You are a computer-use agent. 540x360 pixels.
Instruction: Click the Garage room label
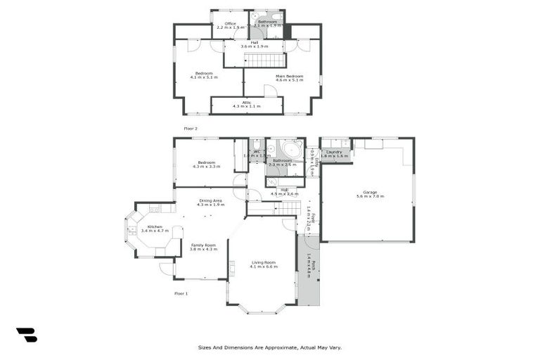pos(370,192)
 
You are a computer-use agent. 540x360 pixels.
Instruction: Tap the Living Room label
pos(264,262)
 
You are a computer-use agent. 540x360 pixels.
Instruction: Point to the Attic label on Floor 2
pos(246,103)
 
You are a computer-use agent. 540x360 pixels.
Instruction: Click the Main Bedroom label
pos(289,76)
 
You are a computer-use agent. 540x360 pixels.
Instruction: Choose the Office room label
pos(230,23)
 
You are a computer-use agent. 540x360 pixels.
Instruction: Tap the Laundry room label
pos(335,152)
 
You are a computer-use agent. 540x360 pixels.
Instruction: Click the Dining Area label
pos(210,200)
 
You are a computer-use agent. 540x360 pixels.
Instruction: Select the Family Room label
pos(204,245)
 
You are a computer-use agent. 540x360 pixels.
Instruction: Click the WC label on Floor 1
pos(257,151)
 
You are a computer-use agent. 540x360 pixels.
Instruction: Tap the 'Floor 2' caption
pos(191,129)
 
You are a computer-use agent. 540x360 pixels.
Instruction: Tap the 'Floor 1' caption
pos(181,292)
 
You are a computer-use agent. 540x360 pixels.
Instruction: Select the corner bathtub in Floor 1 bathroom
pos(288,150)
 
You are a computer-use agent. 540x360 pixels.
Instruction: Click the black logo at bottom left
pos(26,335)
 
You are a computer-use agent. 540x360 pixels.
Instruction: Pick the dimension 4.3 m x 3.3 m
pos(208,167)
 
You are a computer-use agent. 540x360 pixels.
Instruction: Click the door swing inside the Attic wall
pos(270,91)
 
